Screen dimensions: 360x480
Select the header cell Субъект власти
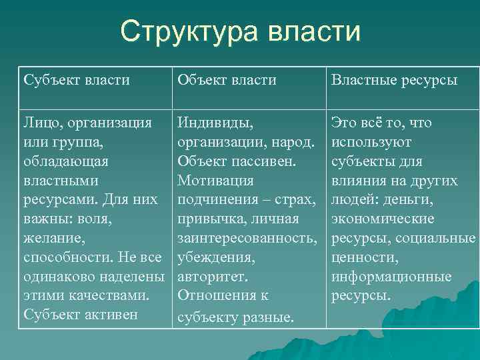tap(77, 81)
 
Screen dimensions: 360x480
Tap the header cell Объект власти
tap(227, 81)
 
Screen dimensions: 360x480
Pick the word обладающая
tap(65, 161)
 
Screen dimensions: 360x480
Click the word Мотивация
tap(215, 181)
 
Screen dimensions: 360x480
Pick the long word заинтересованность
tap(246, 238)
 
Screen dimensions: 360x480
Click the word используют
tap(371, 142)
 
